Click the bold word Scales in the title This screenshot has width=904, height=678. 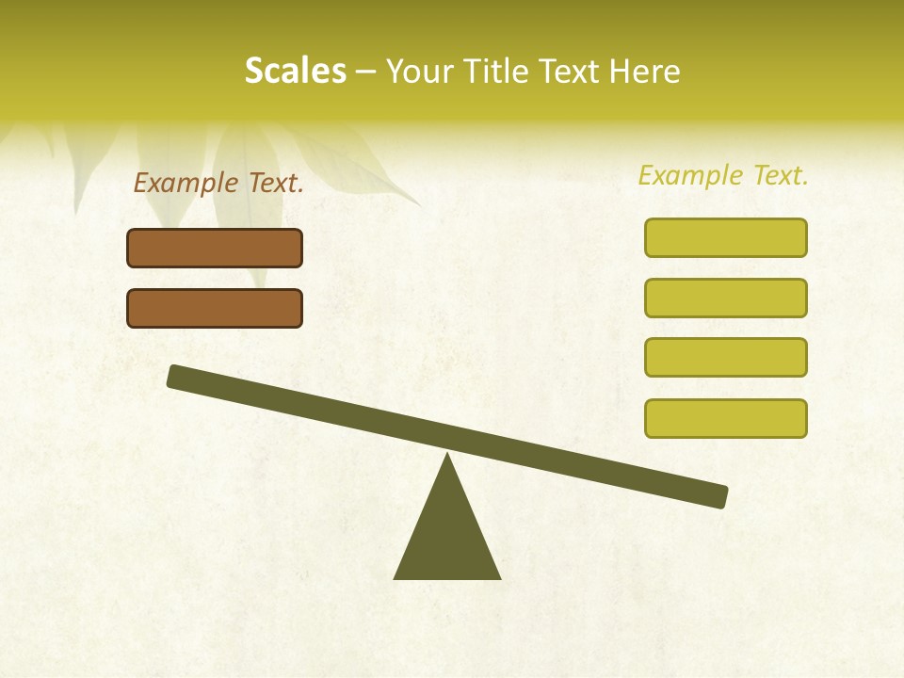pyautogui.click(x=295, y=72)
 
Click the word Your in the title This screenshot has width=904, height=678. pyautogui.click(x=418, y=72)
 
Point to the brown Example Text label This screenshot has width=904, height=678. pyautogui.click(x=218, y=184)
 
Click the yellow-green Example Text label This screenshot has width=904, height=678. pyautogui.click(x=723, y=175)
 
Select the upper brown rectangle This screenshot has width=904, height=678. pyautogui.click(x=215, y=248)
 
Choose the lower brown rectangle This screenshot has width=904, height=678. pyautogui.click(x=215, y=308)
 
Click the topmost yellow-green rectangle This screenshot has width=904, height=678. pyautogui.click(x=725, y=237)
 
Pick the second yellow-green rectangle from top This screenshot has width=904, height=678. pyautogui.click(x=725, y=298)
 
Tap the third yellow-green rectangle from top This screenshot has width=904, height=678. pyautogui.click(x=725, y=357)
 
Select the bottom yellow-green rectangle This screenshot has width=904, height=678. pyautogui.click(x=725, y=418)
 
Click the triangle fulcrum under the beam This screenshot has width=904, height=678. pyautogui.click(x=447, y=537)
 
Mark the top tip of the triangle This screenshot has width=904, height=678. pyautogui.click(x=447, y=455)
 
